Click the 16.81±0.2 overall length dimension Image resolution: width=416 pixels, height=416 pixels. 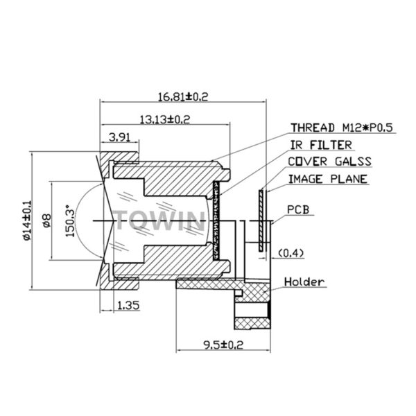click(x=183, y=96)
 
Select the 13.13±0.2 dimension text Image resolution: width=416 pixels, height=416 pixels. click(x=165, y=120)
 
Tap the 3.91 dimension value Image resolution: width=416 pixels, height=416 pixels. click(x=120, y=137)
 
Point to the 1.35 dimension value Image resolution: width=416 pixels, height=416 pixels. click(x=128, y=305)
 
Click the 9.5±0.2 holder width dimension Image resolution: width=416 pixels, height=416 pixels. click(x=223, y=345)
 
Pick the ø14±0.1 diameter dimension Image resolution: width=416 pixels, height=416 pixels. click(x=27, y=220)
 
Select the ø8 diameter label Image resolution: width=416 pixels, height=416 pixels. click(x=46, y=220)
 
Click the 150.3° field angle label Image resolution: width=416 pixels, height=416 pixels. click(x=69, y=220)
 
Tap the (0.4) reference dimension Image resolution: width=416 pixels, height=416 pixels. click(x=291, y=253)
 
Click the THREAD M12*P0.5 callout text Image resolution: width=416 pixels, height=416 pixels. click(x=342, y=128)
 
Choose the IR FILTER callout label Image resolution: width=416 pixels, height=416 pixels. click(x=321, y=145)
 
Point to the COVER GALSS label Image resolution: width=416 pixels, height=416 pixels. click(x=330, y=162)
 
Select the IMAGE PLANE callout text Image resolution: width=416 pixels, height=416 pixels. click(x=328, y=179)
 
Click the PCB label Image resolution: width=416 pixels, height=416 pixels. click(x=298, y=209)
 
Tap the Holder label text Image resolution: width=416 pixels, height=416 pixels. click(x=304, y=281)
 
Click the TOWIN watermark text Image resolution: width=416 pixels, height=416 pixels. click(x=160, y=220)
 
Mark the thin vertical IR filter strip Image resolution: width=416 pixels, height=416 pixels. click(x=216, y=220)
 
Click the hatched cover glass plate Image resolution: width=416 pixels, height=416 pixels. click(x=261, y=220)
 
